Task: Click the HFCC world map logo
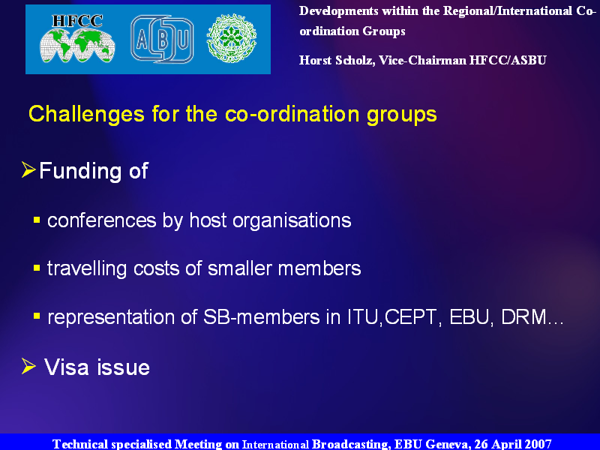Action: (x=77, y=39)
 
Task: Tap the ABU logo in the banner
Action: (x=162, y=39)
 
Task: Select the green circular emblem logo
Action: (x=232, y=38)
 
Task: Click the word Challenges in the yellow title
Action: (x=86, y=114)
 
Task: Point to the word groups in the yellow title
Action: (x=401, y=115)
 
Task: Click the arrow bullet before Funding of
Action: (x=28, y=169)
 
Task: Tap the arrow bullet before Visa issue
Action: (x=28, y=366)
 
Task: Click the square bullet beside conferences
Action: (x=37, y=220)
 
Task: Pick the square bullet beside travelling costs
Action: (x=37, y=268)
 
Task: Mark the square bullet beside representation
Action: (x=37, y=316)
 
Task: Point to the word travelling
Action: (x=87, y=269)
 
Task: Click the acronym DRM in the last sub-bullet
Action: (x=523, y=317)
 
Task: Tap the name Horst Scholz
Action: (x=337, y=61)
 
